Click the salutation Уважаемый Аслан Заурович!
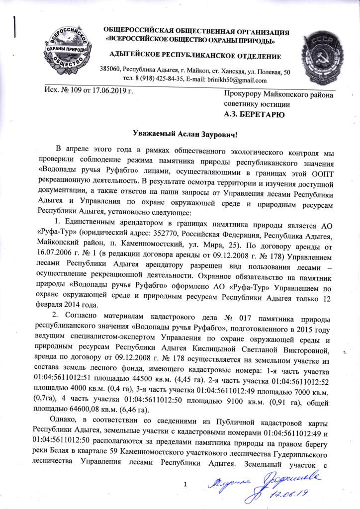pyautogui.click(x=179, y=134)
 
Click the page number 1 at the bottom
pyautogui.click(x=185, y=484)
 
